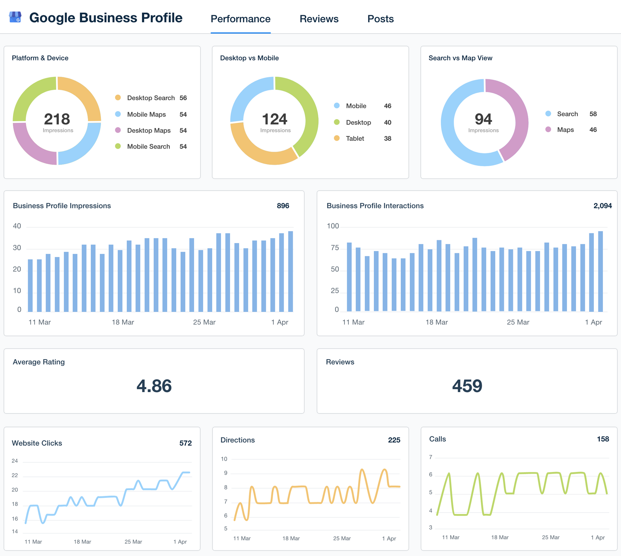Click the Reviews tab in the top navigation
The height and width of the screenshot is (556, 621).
click(x=319, y=19)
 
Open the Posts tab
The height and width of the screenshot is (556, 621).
click(x=380, y=19)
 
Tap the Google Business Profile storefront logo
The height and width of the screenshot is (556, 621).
click(x=15, y=17)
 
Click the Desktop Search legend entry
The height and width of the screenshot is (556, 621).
click(x=151, y=98)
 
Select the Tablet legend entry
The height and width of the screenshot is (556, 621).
click(x=355, y=138)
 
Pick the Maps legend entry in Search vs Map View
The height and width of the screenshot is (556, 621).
click(x=565, y=130)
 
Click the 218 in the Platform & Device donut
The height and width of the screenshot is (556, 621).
click(x=57, y=119)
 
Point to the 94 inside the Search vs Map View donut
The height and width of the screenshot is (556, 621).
click(x=483, y=119)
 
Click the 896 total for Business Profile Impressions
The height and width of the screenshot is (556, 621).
click(x=283, y=206)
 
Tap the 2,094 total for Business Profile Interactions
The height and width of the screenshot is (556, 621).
click(x=602, y=206)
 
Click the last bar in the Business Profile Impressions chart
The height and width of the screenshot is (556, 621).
click(x=290, y=272)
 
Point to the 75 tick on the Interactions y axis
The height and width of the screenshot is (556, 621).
click(x=335, y=248)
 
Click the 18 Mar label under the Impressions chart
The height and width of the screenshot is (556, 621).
click(x=123, y=322)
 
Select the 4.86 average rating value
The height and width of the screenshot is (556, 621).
click(x=154, y=386)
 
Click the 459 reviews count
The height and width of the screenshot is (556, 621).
click(x=467, y=386)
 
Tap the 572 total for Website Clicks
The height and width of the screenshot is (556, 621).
click(x=185, y=443)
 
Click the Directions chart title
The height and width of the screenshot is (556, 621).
click(x=237, y=440)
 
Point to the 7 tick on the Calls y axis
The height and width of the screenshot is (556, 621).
click(x=430, y=457)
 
